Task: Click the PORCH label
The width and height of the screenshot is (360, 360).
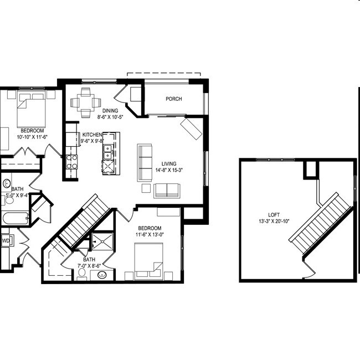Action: [173, 99]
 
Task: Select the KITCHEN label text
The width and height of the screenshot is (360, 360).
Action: [92, 135]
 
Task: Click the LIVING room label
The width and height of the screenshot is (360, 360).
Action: [169, 163]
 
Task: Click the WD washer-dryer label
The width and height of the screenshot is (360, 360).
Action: [5, 241]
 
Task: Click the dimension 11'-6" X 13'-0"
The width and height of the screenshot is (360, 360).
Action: [150, 235]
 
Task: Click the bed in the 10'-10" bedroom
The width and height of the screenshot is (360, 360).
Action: [30, 109]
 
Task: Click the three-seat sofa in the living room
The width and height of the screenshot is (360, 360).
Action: [145, 162]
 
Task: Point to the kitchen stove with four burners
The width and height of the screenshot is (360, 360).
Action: [72, 161]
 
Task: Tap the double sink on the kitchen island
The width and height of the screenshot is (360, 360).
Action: [107, 150]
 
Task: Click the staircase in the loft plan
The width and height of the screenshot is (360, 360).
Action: [320, 222]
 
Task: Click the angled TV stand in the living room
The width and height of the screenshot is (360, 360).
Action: [192, 128]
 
